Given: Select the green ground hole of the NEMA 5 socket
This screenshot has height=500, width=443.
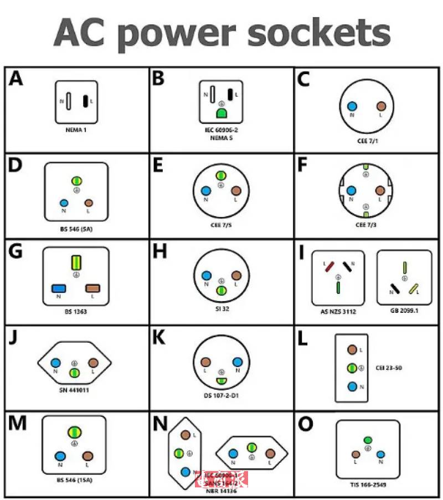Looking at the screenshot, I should (221, 114).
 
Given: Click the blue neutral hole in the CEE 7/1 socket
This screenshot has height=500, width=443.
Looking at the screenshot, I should (351, 106).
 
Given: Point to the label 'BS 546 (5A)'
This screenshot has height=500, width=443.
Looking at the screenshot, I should (76, 228).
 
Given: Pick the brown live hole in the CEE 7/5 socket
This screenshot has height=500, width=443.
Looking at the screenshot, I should (236, 191).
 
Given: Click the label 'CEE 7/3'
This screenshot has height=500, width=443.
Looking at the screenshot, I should (366, 225).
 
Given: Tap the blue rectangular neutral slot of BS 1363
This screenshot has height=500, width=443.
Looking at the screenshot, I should (59, 288).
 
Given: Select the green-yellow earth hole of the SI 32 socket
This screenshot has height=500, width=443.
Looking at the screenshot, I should (221, 290).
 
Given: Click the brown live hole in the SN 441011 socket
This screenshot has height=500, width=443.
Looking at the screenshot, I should (93, 363).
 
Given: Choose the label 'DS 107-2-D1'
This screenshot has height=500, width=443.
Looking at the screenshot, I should (221, 396).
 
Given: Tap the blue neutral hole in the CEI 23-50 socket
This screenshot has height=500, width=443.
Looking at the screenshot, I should (352, 386).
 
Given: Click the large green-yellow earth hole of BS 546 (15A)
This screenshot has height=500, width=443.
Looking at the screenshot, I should (73, 432).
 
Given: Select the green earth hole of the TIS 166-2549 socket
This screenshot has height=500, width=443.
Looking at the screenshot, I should (368, 441).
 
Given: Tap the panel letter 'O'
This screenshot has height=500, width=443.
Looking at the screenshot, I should (305, 424).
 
